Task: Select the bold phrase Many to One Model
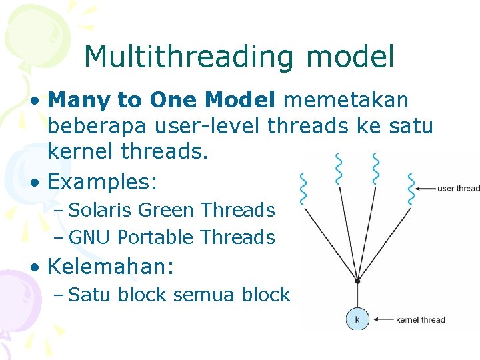(161, 100)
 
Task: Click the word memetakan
(346, 100)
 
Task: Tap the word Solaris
(101, 210)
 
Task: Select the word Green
(167, 210)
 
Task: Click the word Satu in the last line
(90, 295)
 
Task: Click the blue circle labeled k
(357, 319)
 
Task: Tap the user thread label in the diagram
(458, 189)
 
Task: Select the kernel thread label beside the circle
(420, 320)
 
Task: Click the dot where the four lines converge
(357, 282)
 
